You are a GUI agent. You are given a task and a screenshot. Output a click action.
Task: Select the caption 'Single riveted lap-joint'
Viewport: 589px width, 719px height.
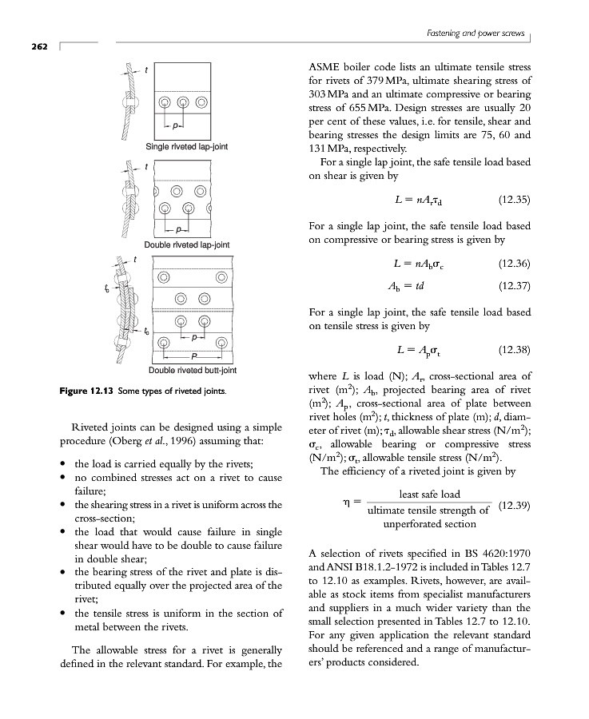pos(185,146)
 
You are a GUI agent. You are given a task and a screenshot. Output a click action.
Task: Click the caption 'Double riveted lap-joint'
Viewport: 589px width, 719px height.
pos(186,244)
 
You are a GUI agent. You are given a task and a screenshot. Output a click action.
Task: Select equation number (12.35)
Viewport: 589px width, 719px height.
pos(514,199)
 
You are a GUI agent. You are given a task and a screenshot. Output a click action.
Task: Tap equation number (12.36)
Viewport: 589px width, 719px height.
pos(514,264)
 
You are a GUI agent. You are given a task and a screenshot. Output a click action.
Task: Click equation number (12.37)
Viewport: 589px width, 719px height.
pos(514,285)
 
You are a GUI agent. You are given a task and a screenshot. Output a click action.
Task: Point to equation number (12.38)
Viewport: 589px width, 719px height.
pos(514,350)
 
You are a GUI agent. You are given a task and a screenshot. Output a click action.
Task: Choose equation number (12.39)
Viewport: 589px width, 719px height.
pos(514,506)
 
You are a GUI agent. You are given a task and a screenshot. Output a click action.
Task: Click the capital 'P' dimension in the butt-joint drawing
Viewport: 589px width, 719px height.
pos(192,356)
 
